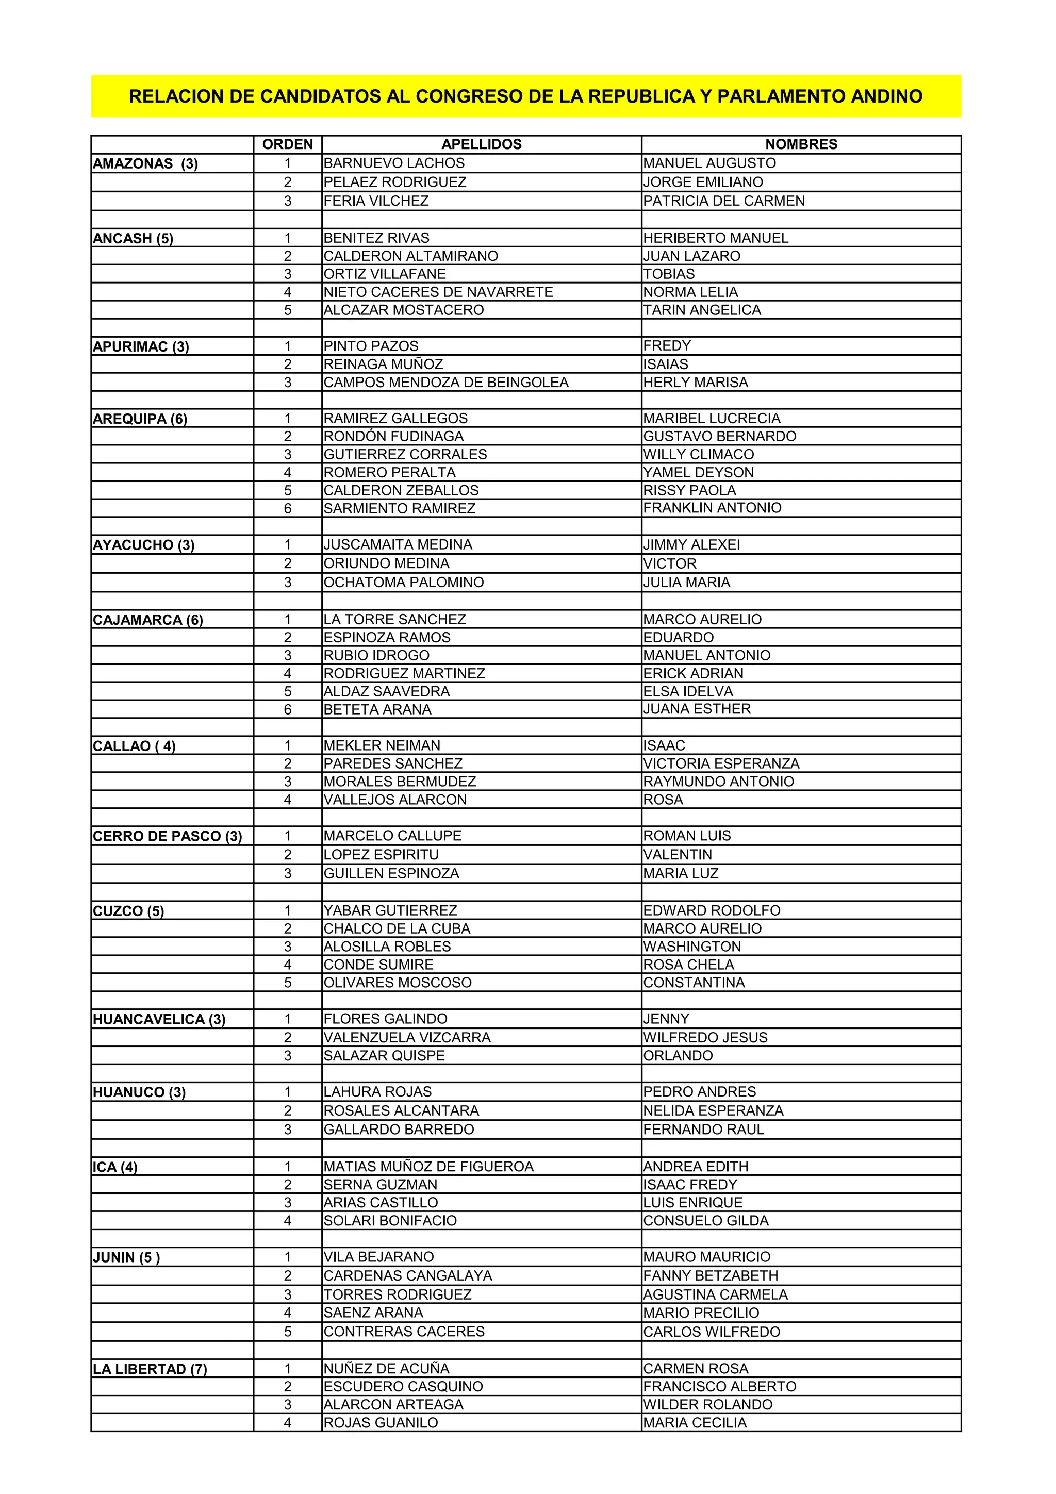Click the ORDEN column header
pyautogui.click(x=288, y=144)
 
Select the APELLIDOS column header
pyautogui.click(x=482, y=144)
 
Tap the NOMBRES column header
pyautogui.click(x=801, y=144)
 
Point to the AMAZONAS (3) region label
pyautogui.click(x=145, y=164)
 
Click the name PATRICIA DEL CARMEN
pyautogui.click(x=723, y=201)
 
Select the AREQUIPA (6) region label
pyautogui.click(x=140, y=419)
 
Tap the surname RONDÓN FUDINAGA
pyautogui.click(x=393, y=437)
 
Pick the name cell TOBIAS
pyautogui.click(x=669, y=274)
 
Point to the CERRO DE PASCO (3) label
pyautogui.click(x=167, y=837)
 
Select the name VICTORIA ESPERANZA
pyautogui.click(x=721, y=764)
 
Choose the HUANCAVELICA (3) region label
pyautogui.click(x=159, y=1020)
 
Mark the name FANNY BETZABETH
pyautogui.click(x=711, y=1275)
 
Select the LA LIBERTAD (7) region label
pyautogui.click(x=150, y=1369)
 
